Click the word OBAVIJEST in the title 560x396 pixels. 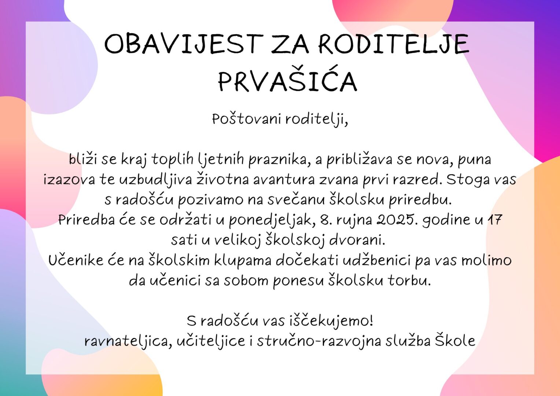184,44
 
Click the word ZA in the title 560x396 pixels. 290,44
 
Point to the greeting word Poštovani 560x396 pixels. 247,119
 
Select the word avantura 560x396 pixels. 284,180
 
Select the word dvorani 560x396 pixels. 357,241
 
